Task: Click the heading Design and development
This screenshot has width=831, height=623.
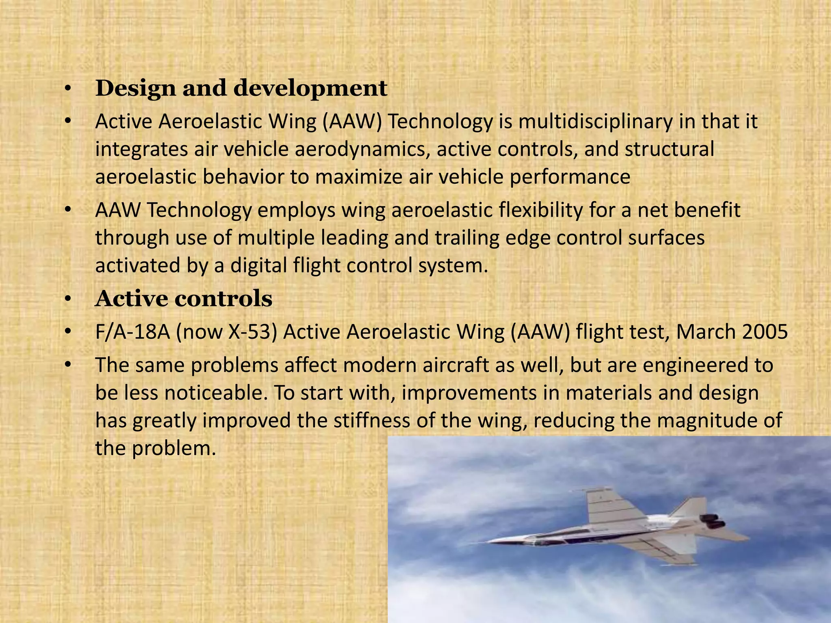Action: [241, 88]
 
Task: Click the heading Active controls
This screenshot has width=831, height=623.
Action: [183, 299]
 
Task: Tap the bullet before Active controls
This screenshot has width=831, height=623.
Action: [68, 300]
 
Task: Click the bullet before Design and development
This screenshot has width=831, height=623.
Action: [68, 89]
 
